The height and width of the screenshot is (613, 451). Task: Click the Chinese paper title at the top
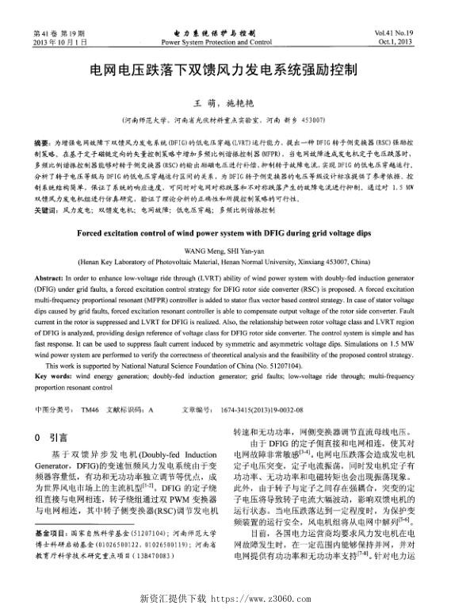tap(226, 69)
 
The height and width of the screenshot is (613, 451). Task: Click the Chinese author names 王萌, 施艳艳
tap(225, 102)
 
